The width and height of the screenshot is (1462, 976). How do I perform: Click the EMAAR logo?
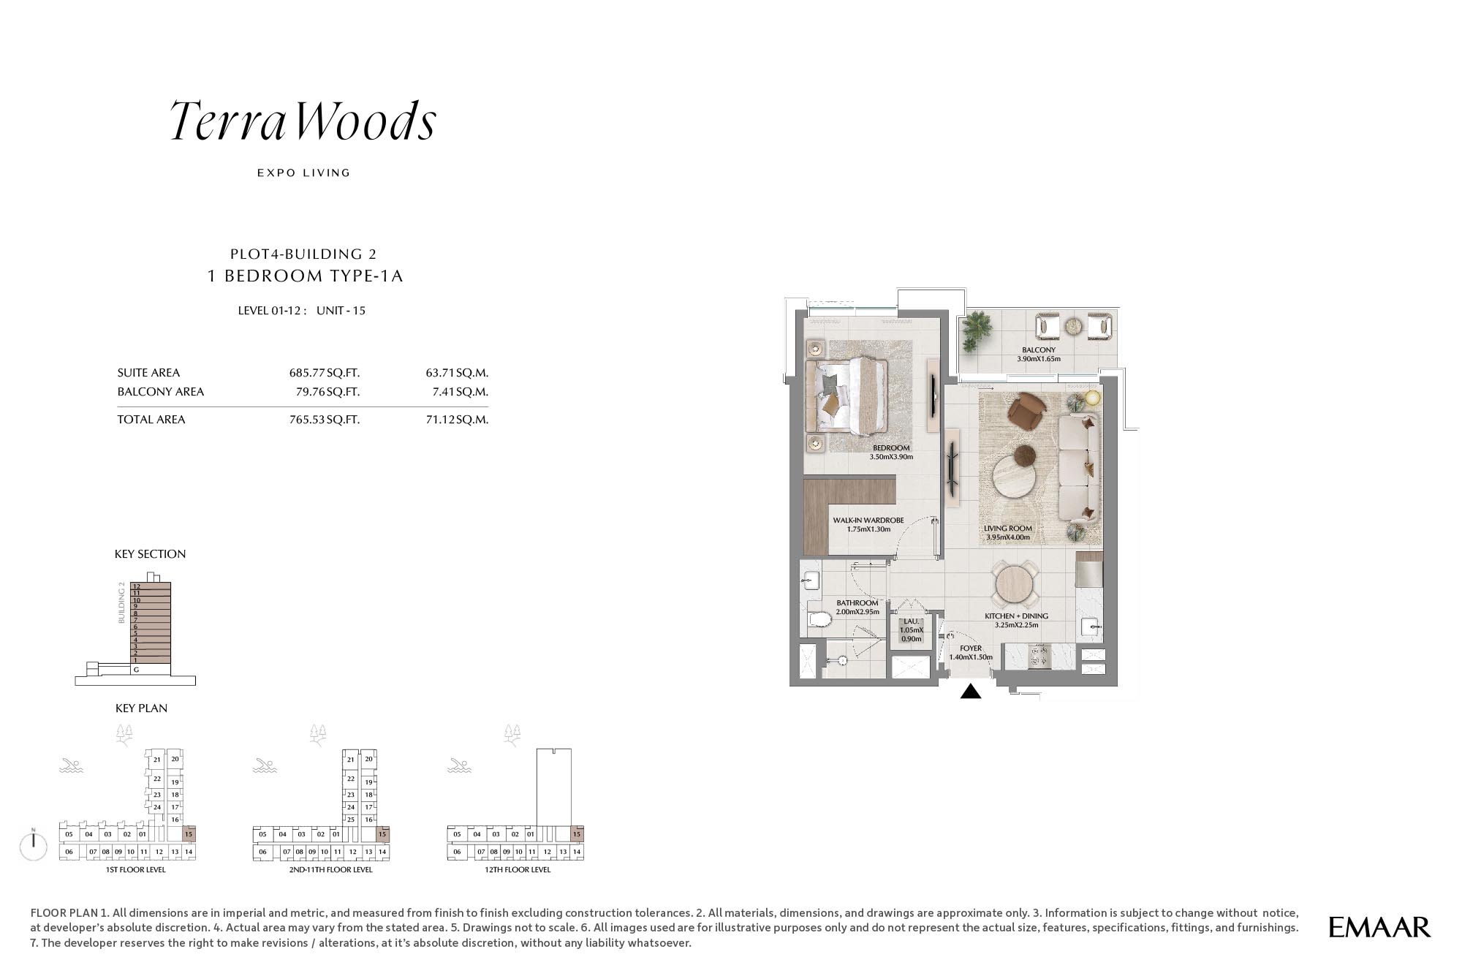coord(1379,927)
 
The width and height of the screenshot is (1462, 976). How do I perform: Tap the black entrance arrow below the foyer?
coord(971,691)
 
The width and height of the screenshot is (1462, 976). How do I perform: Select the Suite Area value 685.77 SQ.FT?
coord(325,373)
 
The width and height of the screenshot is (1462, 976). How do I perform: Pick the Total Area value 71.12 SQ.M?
coord(457,420)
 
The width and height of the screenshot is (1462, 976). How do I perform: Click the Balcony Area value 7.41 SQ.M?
coord(460,392)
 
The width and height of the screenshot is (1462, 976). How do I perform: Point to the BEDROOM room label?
coord(891,448)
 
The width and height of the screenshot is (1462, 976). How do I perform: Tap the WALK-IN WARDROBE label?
coord(868,521)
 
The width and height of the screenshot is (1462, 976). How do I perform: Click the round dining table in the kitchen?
coord(1015,585)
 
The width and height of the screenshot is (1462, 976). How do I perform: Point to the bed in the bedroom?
coord(847,396)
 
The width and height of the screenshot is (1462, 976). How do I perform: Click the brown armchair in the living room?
coord(1027,410)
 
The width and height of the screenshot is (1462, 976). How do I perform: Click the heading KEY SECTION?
coord(150,554)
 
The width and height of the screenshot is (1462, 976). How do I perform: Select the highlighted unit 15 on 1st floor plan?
coord(189,834)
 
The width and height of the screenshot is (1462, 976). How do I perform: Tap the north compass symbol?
coord(34,845)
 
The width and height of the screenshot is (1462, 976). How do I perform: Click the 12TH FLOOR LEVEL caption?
coord(518,870)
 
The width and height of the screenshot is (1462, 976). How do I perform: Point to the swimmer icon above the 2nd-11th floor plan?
coord(265,766)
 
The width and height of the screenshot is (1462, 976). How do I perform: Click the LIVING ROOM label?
coord(1008,529)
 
